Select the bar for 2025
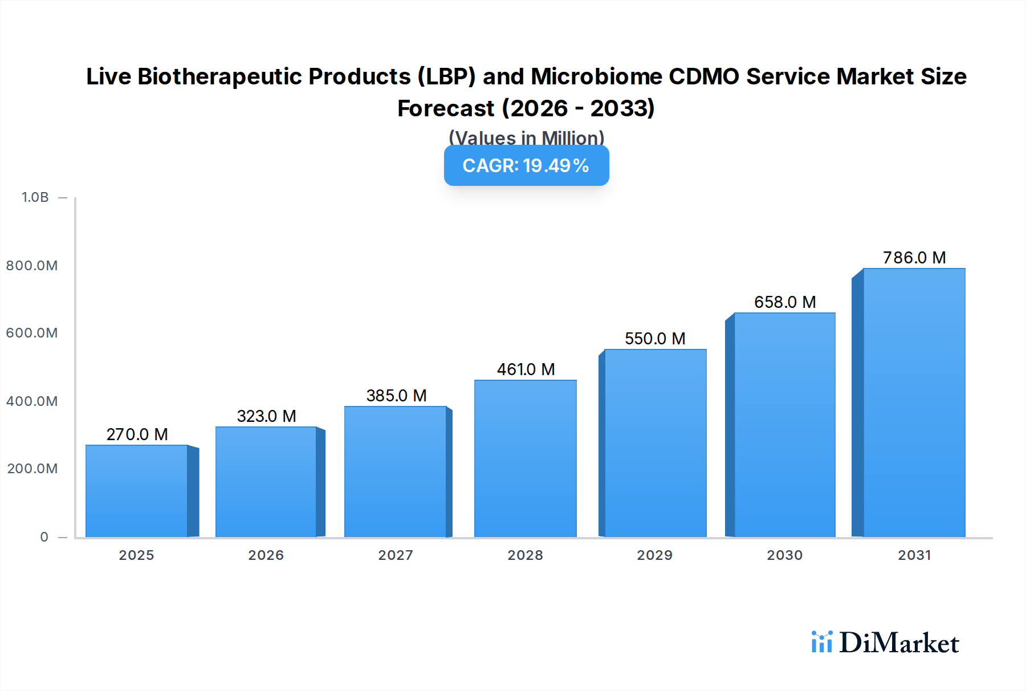click(x=137, y=491)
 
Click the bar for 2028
click(x=525, y=458)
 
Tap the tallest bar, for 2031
click(x=914, y=403)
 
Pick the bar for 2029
click(x=655, y=443)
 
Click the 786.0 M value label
click(x=914, y=258)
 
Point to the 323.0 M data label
click(x=266, y=416)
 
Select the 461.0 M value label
click(x=526, y=369)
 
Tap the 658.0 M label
click(x=785, y=302)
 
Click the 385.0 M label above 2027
click(x=396, y=396)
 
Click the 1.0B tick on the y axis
click(x=35, y=197)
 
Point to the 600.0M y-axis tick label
click(x=32, y=333)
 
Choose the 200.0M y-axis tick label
click(x=32, y=469)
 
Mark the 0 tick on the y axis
click(x=44, y=537)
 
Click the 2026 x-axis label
click(x=266, y=555)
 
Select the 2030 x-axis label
click(x=784, y=555)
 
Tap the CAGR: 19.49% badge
click(x=526, y=165)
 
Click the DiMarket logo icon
click(x=821, y=642)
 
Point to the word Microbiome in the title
click(x=596, y=76)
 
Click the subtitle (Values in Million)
click(x=526, y=137)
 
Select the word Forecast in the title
click(x=446, y=108)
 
